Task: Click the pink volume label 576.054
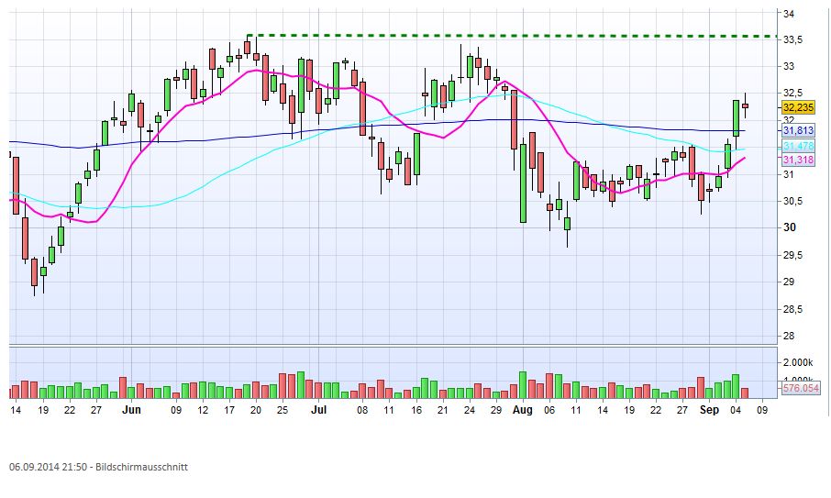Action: click(800, 389)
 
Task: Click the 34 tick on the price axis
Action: click(789, 13)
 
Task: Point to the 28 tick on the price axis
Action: click(789, 336)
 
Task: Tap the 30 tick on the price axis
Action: click(789, 228)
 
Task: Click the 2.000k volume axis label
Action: click(797, 362)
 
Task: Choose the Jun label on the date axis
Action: click(132, 411)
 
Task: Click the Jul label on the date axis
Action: click(319, 411)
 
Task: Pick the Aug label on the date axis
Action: click(522, 411)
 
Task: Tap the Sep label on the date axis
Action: click(709, 411)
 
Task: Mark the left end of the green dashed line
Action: click(248, 36)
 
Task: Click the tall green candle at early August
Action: click(523, 183)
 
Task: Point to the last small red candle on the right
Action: click(746, 105)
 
